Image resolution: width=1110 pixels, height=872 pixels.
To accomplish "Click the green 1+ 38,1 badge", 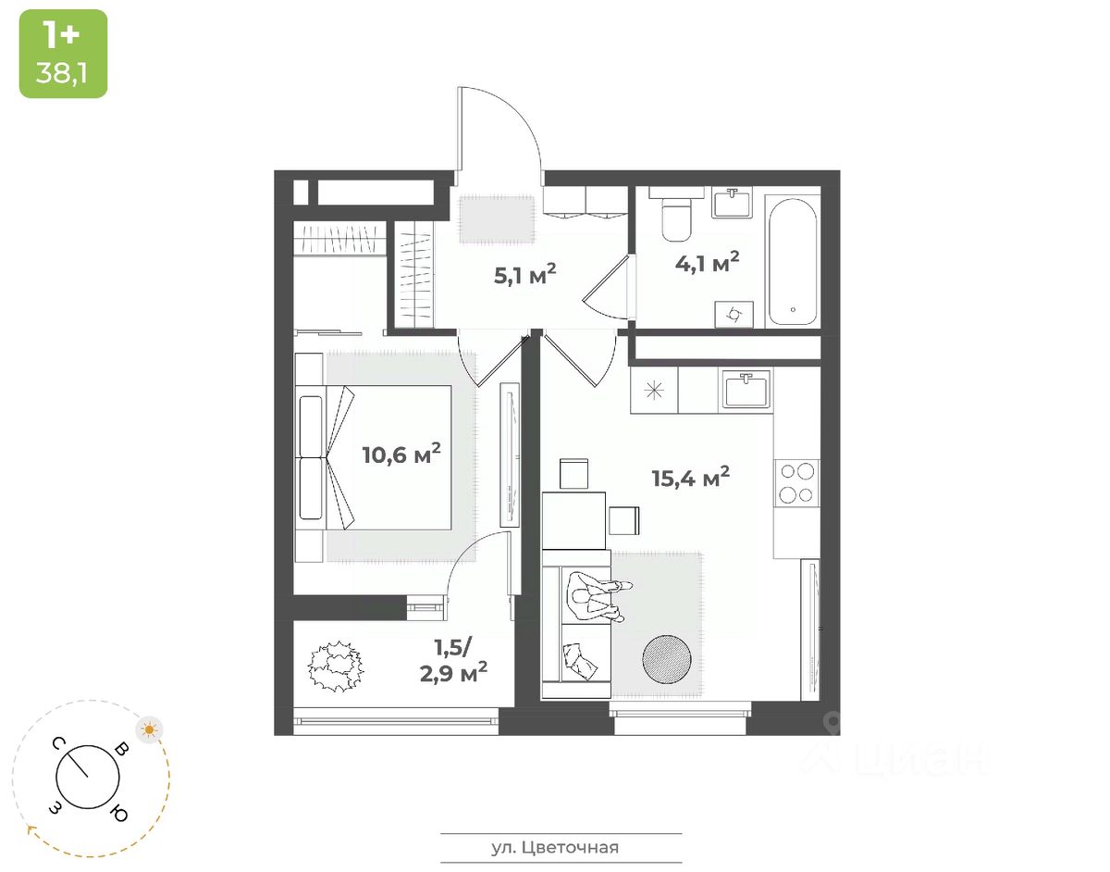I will point(63,54).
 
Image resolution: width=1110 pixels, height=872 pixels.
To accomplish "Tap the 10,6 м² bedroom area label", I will point(401,455).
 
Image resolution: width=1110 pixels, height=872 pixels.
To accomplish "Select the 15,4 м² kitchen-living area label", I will point(691,478).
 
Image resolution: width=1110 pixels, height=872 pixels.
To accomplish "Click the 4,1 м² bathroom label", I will point(707,264).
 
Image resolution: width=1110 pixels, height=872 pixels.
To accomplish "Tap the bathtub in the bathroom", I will point(793,260).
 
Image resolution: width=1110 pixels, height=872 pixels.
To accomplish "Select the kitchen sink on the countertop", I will point(746,390).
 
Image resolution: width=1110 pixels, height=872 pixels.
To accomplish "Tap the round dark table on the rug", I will point(666,658).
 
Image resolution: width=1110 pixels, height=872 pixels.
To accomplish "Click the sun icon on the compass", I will point(149,729).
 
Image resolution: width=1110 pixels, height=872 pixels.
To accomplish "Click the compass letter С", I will point(57,743).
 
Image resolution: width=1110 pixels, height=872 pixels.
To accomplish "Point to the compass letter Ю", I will point(118,814).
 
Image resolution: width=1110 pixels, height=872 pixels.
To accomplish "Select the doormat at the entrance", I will point(497,218).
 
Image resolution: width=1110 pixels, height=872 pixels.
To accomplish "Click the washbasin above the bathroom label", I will point(731,202).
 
